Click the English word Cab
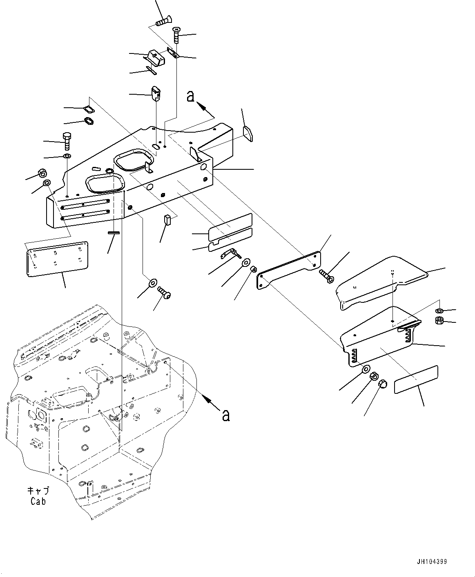(38, 502)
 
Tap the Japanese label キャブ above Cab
(38, 490)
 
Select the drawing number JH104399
(432, 562)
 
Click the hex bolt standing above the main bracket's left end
(67, 141)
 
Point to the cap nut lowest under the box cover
(383, 384)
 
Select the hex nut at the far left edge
(42, 173)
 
